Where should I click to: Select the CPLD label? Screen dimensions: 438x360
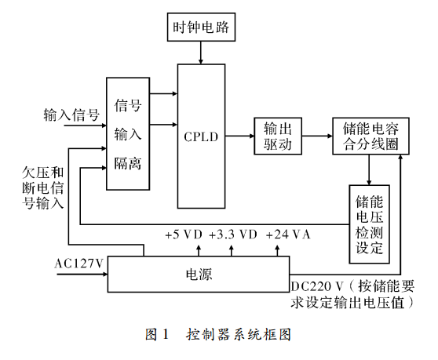201,136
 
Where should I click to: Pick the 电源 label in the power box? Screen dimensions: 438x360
199,274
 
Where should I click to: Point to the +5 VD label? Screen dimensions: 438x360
184,235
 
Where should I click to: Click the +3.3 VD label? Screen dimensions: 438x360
232,235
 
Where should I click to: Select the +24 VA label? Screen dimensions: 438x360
288,235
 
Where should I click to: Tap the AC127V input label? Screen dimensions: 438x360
79,264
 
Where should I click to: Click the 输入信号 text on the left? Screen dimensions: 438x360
71,115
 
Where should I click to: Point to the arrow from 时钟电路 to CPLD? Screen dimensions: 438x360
201,53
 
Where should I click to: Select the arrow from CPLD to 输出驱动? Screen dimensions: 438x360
239,136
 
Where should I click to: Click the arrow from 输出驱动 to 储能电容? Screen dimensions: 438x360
317,136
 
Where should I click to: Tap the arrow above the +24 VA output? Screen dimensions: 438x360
277,250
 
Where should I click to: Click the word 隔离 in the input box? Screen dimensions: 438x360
128,163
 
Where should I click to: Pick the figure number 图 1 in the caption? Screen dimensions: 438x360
157,334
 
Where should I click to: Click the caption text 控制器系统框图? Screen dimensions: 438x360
239,334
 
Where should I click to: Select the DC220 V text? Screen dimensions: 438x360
317,286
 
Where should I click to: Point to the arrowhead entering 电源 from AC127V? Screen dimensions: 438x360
105,274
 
